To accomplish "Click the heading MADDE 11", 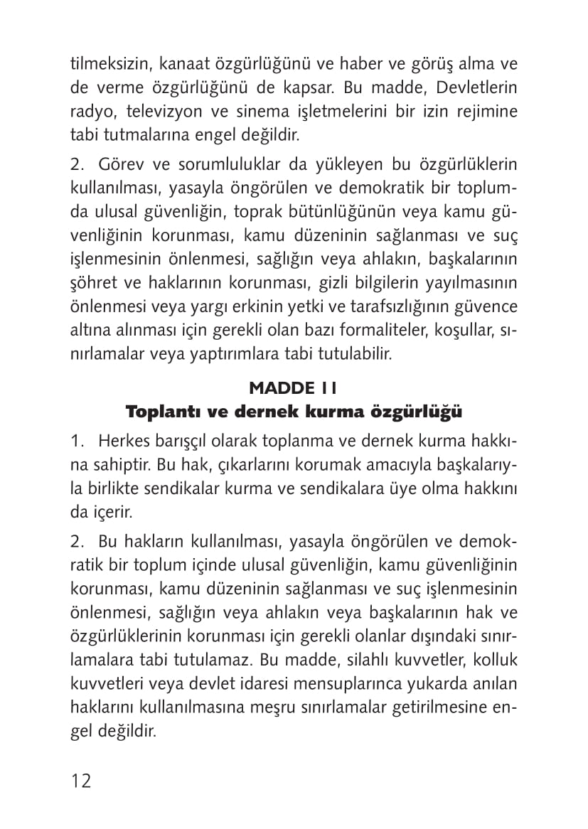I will [x=294, y=387].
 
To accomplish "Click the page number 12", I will [x=81, y=781].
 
